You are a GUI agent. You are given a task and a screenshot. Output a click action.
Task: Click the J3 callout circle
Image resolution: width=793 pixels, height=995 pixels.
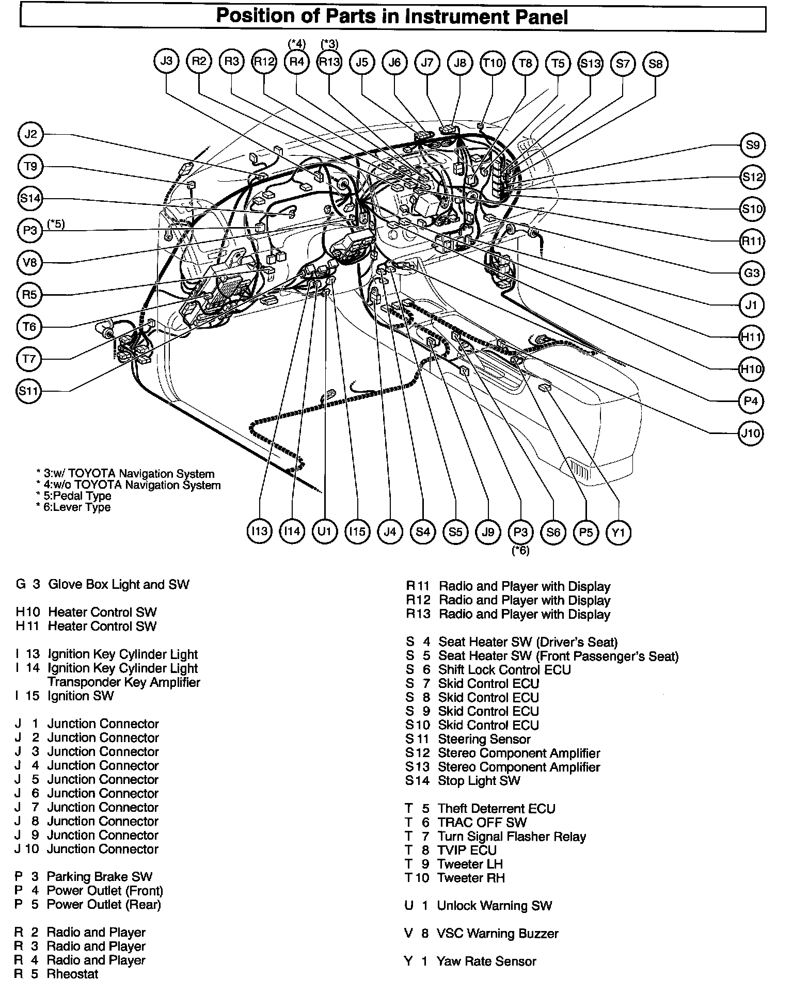(x=166, y=62)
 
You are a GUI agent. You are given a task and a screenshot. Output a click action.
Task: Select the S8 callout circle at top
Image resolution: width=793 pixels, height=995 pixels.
(x=655, y=64)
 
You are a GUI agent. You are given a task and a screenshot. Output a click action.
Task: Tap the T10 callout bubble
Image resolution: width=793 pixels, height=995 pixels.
(x=492, y=63)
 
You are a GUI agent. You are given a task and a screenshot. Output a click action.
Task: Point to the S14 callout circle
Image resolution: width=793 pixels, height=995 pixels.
(x=30, y=199)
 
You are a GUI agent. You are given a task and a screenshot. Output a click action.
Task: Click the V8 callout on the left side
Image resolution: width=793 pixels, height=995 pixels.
(x=30, y=263)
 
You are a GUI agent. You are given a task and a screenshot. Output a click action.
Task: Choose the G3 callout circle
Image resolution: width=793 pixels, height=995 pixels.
(x=751, y=272)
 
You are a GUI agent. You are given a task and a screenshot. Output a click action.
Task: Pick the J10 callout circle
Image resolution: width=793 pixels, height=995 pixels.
(x=751, y=432)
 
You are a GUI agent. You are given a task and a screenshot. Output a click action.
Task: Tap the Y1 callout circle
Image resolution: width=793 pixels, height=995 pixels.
(x=618, y=532)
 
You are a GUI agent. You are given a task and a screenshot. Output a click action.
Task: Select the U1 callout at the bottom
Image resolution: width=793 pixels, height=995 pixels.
(x=324, y=531)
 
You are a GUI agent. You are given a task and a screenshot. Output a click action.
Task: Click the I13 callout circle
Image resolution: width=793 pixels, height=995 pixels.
(x=259, y=531)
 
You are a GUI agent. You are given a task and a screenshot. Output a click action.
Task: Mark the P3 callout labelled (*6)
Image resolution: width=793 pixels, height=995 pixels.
(x=520, y=532)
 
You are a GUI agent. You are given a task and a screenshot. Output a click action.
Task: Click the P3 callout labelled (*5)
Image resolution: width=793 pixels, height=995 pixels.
(x=30, y=231)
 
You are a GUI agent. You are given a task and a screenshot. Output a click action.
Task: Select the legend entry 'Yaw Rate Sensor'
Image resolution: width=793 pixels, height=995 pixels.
(x=486, y=961)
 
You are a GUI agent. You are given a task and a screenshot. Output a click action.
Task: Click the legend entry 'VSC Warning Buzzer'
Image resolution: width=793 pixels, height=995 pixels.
(x=498, y=934)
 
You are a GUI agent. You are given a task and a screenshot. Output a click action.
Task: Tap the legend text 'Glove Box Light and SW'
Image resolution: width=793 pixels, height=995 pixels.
(x=119, y=585)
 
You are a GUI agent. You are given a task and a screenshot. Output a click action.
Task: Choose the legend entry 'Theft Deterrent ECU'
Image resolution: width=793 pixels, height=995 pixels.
(x=497, y=809)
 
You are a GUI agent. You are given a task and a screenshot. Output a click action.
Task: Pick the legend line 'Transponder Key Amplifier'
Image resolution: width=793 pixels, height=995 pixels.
(x=124, y=682)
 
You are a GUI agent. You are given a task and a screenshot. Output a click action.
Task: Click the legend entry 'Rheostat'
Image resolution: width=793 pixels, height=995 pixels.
(x=72, y=974)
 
